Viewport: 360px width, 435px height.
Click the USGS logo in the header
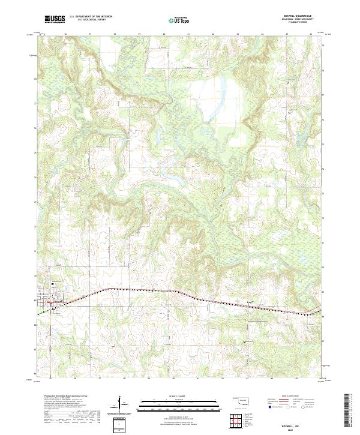click(x=55, y=19)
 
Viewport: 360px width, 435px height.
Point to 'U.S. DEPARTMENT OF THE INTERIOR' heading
click(x=91, y=16)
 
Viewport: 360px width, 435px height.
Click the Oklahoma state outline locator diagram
click(x=240, y=399)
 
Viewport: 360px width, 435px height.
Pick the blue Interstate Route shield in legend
click(x=268, y=407)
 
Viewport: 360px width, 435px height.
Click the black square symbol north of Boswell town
click(x=52, y=284)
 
